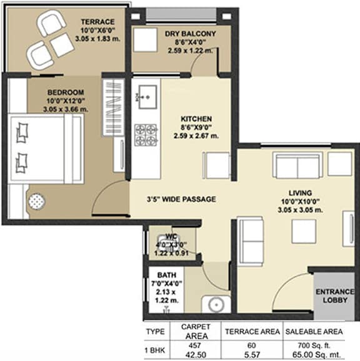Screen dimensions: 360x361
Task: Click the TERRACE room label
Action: (x=97, y=22)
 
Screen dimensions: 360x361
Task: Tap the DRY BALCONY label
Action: (x=190, y=34)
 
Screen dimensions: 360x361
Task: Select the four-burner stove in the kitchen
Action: (x=146, y=135)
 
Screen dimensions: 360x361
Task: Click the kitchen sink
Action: (x=147, y=97)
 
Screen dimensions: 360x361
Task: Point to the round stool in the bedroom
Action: (x=37, y=201)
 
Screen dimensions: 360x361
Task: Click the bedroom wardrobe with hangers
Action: (x=113, y=107)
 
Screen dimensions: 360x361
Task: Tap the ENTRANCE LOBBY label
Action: (x=335, y=296)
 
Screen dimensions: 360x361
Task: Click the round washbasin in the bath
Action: (x=216, y=305)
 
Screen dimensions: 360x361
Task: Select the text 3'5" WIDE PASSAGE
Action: (x=181, y=199)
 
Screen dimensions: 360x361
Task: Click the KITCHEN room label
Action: (x=196, y=119)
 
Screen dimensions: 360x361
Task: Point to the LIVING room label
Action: (x=300, y=193)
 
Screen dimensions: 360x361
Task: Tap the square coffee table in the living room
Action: (x=304, y=231)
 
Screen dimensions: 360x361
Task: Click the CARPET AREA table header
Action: (x=196, y=332)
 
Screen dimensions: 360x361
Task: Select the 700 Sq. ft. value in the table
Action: (x=314, y=345)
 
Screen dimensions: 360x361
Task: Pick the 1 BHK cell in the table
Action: (x=155, y=350)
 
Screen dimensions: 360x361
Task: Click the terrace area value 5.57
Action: (x=252, y=355)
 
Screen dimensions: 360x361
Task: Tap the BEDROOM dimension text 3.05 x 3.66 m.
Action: (x=66, y=109)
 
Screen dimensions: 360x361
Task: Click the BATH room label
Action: (x=167, y=275)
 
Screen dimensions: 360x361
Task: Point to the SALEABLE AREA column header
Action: (x=314, y=332)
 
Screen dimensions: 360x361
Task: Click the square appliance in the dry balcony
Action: (x=146, y=40)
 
